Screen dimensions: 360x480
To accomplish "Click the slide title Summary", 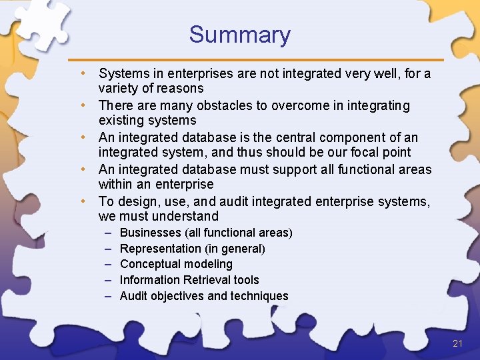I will coord(240,35).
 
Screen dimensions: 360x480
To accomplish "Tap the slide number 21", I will coord(457,343).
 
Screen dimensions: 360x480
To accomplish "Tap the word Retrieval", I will coord(205,280).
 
